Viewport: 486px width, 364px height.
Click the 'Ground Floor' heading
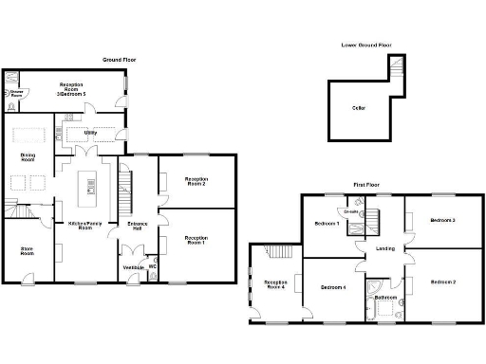tap(121, 60)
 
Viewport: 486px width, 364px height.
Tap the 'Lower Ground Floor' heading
tap(365, 45)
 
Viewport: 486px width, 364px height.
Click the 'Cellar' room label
tap(359, 108)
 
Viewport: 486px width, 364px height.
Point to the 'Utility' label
tap(90, 133)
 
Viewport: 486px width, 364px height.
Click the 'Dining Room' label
tap(28, 157)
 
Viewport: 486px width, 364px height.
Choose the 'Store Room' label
tap(28, 251)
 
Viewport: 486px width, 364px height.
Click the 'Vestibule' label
tap(134, 268)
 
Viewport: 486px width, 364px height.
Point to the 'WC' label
tap(153, 266)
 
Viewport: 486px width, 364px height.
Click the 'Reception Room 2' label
tap(196, 180)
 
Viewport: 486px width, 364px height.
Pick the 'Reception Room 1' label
tap(196, 240)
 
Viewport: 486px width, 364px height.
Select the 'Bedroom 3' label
tap(442, 220)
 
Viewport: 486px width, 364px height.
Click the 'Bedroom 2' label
tap(442, 282)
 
